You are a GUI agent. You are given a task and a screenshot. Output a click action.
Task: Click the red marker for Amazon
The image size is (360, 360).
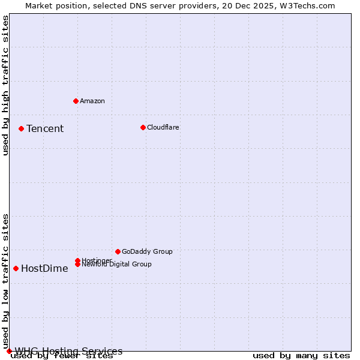tap(76, 101)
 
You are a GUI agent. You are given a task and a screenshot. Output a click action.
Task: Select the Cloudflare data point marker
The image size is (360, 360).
tap(143, 127)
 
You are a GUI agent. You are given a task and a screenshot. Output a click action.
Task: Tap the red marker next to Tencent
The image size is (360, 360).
tap(21, 128)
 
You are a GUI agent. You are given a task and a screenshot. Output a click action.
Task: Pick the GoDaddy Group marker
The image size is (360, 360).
tap(118, 251)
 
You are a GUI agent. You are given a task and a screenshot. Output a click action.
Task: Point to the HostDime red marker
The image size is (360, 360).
tap(16, 268)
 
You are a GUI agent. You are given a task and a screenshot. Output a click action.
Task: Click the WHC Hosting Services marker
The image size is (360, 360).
tap(9, 351)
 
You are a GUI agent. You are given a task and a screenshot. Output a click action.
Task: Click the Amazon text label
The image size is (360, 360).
tap(92, 101)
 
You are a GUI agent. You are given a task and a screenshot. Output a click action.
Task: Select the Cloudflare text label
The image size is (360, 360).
tap(163, 127)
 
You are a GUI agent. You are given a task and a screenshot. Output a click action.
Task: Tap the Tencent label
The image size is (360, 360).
tap(45, 128)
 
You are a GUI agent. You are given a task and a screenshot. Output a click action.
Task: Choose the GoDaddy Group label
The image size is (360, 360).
tap(147, 251)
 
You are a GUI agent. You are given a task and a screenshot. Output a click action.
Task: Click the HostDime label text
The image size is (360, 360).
tap(44, 268)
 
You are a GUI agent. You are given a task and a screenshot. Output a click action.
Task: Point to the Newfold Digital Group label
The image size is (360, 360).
tap(116, 264)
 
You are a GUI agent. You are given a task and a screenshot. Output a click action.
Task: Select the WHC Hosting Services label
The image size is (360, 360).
tap(68, 351)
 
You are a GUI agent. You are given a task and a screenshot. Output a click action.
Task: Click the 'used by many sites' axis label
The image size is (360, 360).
tap(301, 356)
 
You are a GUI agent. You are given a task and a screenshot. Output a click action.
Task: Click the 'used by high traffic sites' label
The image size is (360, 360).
tap(6, 85)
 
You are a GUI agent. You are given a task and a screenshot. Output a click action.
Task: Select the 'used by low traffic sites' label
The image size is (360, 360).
tap(6, 281)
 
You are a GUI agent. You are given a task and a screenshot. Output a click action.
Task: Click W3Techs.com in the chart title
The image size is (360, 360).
tap(308, 5)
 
